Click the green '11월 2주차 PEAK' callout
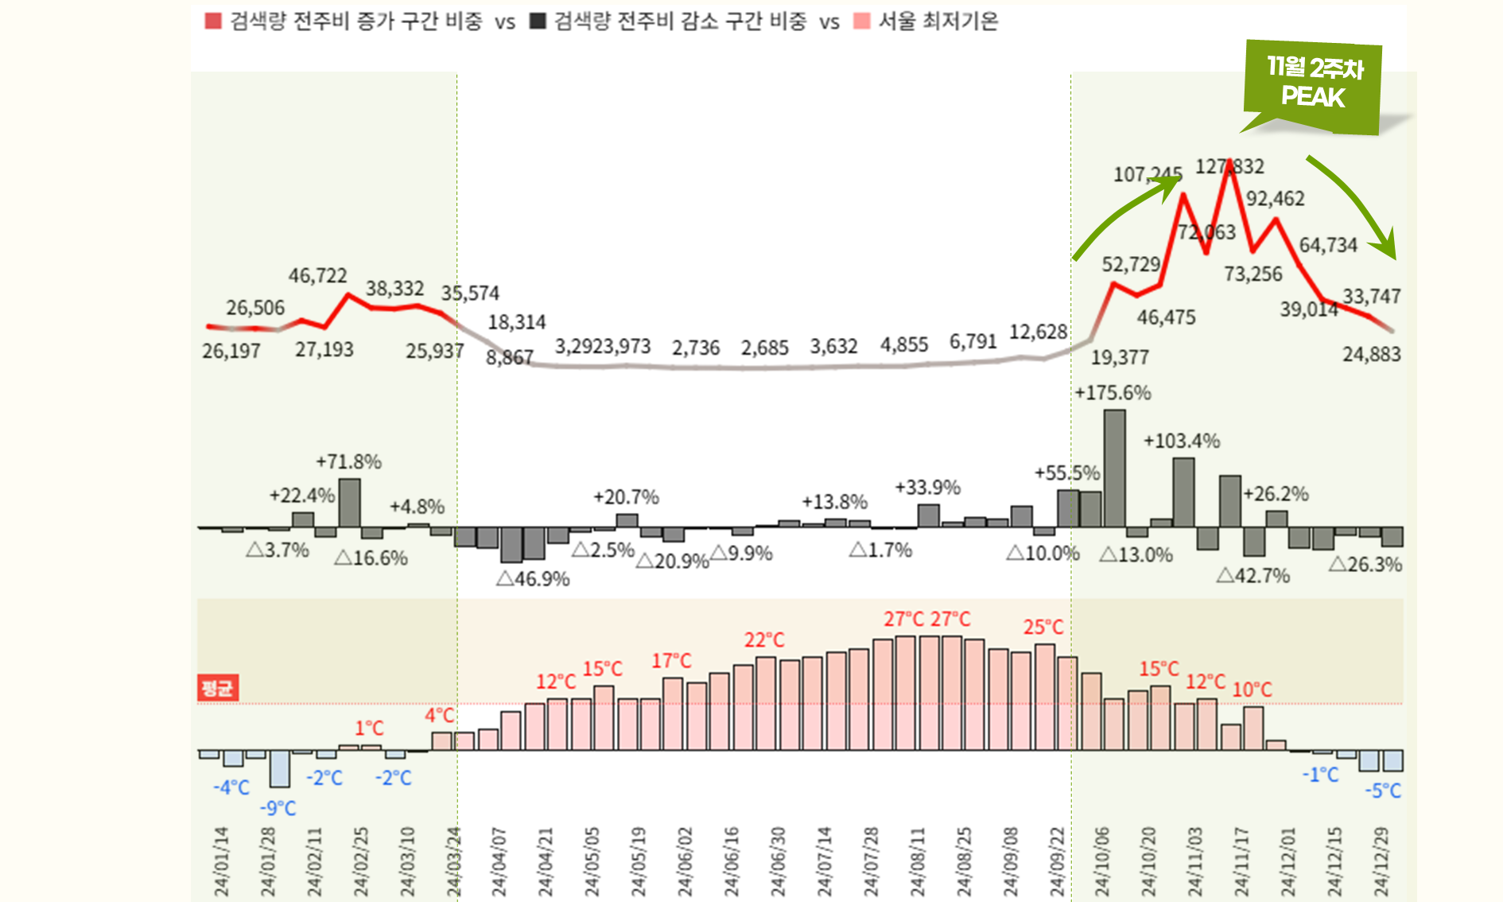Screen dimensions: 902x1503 click(x=1313, y=84)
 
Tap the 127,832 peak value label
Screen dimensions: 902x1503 click(x=1229, y=166)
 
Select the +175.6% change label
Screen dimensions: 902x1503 click(x=1113, y=393)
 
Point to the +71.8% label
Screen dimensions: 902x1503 click(x=348, y=461)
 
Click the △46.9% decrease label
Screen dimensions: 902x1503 click(x=533, y=579)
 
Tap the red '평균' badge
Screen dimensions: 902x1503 click(x=217, y=688)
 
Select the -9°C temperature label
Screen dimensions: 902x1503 click(x=278, y=808)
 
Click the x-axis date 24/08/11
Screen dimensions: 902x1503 click(x=918, y=862)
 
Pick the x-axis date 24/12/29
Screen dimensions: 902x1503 click(x=1381, y=862)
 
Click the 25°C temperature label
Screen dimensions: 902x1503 click(x=1043, y=627)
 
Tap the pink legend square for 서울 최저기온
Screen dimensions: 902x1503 click(x=860, y=21)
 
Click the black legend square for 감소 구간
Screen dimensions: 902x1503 click(x=538, y=21)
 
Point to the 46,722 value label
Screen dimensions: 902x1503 click(x=317, y=276)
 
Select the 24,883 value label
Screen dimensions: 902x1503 click(x=1372, y=355)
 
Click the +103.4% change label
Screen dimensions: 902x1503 click(x=1182, y=441)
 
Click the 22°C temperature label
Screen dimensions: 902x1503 click(x=764, y=640)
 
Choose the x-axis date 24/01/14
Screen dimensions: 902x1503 click(x=221, y=862)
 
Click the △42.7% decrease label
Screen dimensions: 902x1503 click(x=1253, y=576)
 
